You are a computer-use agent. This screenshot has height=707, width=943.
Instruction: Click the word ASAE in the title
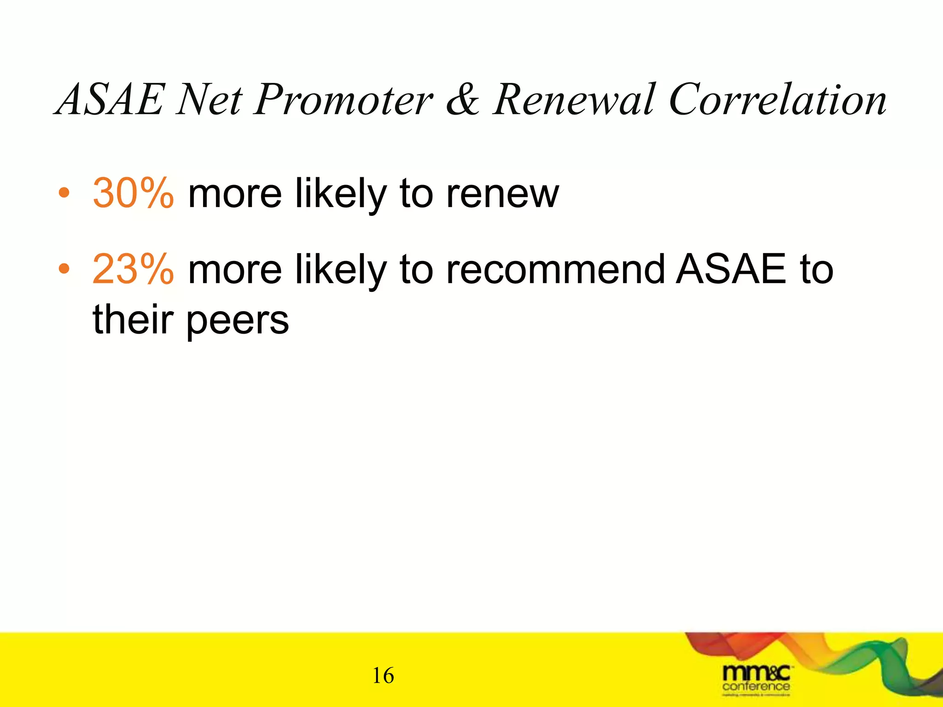click(x=110, y=100)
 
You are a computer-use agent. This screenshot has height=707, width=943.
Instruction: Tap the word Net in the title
click(x=210, y=100)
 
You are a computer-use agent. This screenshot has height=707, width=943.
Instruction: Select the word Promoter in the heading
click(x=343, y=100)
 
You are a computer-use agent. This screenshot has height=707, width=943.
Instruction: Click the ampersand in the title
click(x=462, y=100)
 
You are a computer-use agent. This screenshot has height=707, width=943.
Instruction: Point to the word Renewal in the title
click(x=574, y=100)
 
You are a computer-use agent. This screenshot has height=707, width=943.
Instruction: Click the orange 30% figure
click(x=133, y=194)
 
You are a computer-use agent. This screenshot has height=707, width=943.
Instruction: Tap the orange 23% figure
click(x=133, y=269)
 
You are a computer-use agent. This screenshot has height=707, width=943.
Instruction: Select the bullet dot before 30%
click(x=64, y=194)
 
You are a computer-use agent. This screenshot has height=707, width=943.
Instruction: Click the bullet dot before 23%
click(x=64, y=268)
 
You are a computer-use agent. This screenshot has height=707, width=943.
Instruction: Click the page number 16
click(x=383, y=676)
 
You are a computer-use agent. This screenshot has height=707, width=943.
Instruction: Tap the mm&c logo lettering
click(x=756, y=673)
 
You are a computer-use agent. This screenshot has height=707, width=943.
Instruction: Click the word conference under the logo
click(x=756, y=687)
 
